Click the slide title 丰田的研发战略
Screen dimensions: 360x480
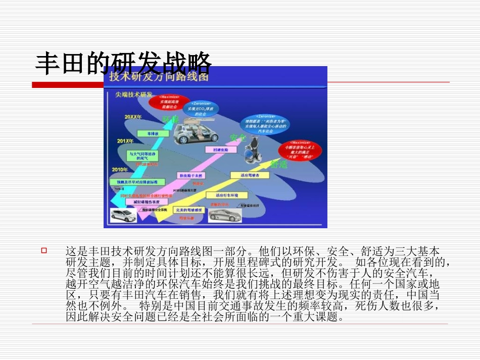tap(123, 64)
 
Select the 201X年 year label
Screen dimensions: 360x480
tap(125, 141)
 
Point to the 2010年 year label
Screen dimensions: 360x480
tap(119, 169)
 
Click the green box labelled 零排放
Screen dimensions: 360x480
tap(150, 134)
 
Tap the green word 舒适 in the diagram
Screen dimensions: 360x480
tap(279, 164)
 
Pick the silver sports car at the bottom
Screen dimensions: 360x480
tap(225, 215)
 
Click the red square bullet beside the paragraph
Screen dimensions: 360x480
tap(44, 250)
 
